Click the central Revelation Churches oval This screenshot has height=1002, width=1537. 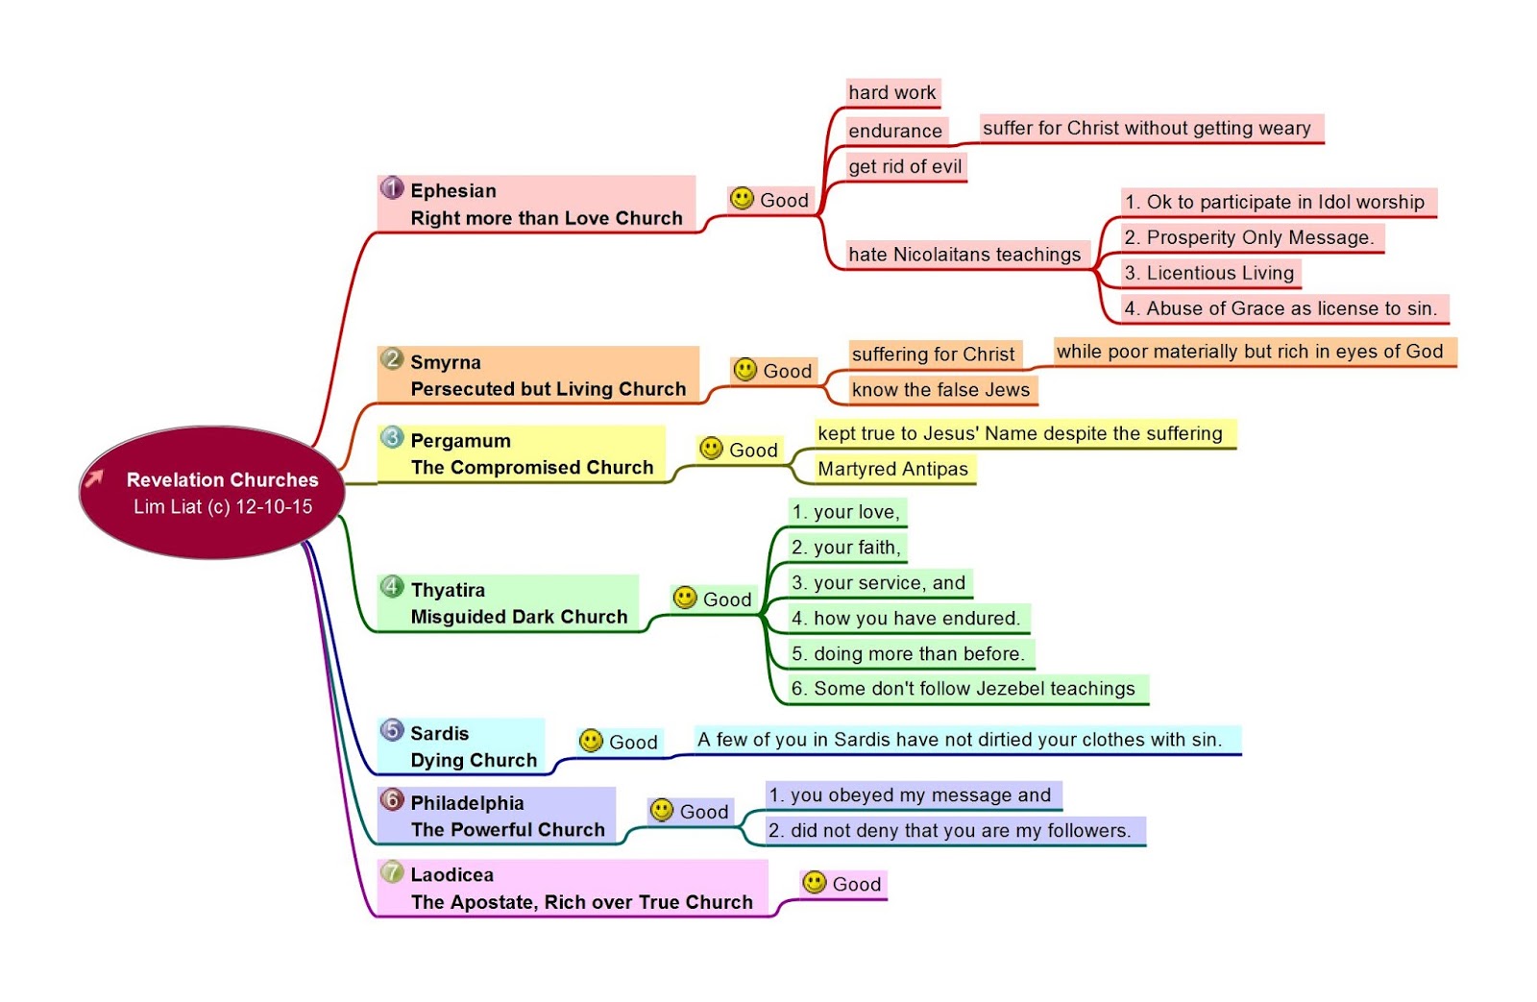click(211, 493)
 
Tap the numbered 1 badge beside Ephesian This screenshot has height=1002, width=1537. click(392, 188)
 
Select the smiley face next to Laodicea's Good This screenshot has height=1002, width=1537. click(814, 882)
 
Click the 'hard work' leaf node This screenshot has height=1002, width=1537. click(891, 93)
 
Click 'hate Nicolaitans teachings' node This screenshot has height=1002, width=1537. click(964, 255)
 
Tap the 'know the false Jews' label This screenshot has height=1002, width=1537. click(940, 390)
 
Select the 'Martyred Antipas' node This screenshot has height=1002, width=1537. click(892, 469)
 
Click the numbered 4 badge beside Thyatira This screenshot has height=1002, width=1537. click(392, 586)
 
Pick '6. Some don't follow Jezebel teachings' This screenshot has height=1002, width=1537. click(963, 689)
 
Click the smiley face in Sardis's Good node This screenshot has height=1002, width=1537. click(592, 741)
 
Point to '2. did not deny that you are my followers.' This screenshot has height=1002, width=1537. click(949, 831)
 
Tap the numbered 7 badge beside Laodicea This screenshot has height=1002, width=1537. click(392, 871)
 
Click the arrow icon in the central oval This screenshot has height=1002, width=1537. click(94, 477)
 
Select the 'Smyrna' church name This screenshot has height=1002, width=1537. click(446, 362)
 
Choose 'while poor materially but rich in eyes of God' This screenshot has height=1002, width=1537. click(1250, 352)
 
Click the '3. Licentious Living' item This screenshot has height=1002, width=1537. click(1209, 273)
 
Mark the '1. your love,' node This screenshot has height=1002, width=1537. click(845, 512)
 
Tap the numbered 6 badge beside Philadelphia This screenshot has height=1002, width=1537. click(392, 799)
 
